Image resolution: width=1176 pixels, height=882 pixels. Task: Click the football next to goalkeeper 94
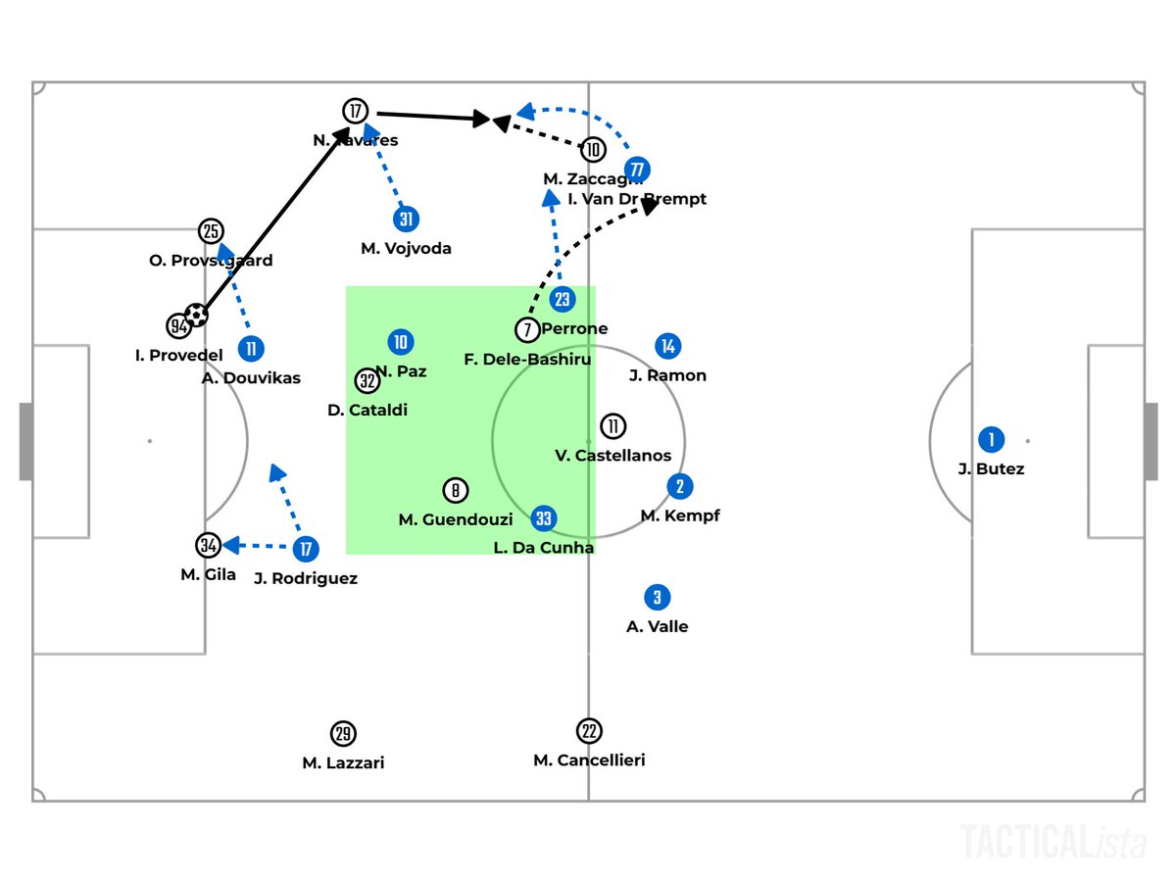(197, 315)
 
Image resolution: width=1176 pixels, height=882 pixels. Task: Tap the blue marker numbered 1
(991, 440)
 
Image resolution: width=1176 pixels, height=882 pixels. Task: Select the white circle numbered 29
(342, 733)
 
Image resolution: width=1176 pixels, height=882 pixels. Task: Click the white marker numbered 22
(589, 731)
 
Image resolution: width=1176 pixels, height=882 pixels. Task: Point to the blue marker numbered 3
(657, 597)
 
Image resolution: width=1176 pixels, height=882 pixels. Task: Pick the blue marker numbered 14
(668, 346)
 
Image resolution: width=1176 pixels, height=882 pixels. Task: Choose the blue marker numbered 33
(544, 518)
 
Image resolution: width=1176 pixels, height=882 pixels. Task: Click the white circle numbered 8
(455, 490)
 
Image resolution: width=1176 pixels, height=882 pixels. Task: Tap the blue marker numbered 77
(638, 169)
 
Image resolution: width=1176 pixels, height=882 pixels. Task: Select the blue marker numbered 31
(406, 220)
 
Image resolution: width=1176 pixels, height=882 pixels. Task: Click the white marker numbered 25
(211, 231)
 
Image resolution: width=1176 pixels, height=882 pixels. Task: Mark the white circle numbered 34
(208, 545)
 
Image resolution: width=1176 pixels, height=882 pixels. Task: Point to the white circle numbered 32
(367, 380)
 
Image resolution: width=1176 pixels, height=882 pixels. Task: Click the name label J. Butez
(991, 469)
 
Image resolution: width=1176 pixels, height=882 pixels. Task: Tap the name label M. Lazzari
(343, 763)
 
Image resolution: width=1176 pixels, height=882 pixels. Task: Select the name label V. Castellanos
(612, 456)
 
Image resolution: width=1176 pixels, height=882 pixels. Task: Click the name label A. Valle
(657, 627)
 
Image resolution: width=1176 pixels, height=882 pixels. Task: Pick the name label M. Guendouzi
(455, 520)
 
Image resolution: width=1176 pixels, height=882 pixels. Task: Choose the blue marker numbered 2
(679, 486)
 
